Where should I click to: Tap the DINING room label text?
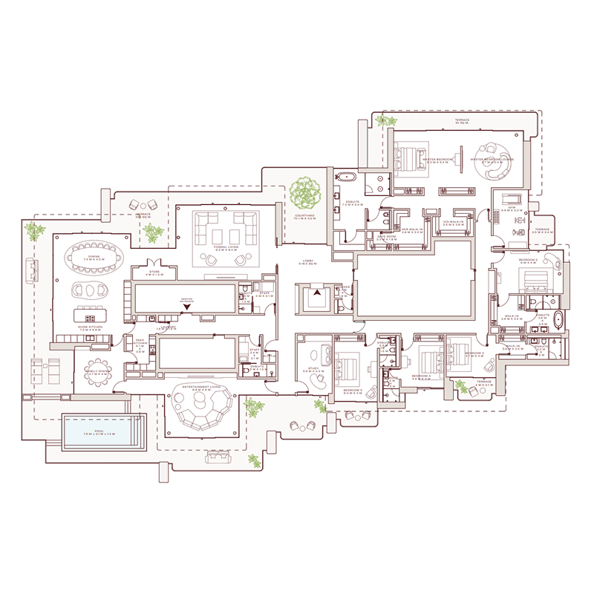click(94, 258)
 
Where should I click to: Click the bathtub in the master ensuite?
click(347, 178)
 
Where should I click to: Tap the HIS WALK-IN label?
click(453, 221)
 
